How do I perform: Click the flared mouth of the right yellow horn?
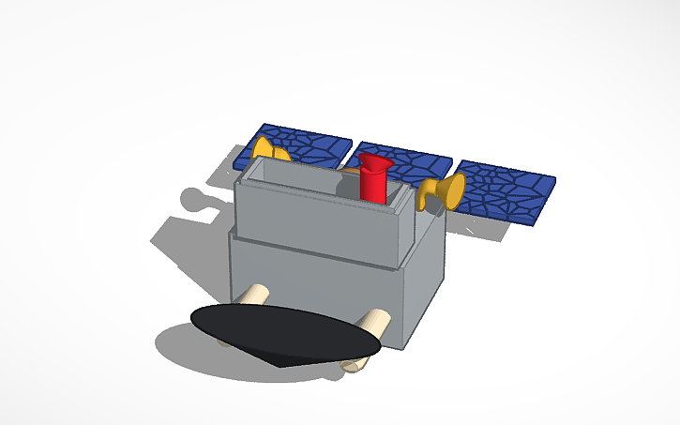(x=455, y=190)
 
